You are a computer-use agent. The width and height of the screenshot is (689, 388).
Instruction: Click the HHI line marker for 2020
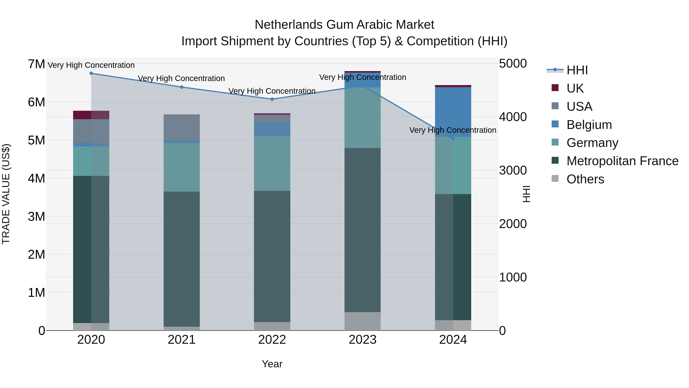pyautogui.click(x=91, y=73)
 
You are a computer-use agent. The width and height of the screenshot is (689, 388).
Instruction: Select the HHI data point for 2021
pyautogui.click(x=182, y=87)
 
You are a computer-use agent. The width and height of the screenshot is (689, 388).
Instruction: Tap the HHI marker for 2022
pyautogui.click(x=272, y=99)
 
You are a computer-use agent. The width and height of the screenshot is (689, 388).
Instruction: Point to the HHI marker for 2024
pyautogui.click(x=453, y=139)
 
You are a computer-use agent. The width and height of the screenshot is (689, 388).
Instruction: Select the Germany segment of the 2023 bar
pyautogui.click(x=362, y=118)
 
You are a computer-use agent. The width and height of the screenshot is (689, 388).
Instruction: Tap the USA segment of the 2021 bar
pyautogui.click(x=182, y=127)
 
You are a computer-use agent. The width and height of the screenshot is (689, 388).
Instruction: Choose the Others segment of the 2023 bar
pyautogui.click(x=362, y=321)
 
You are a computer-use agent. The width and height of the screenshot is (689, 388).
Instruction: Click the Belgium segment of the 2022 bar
pyautogui.click(x=272, y=129)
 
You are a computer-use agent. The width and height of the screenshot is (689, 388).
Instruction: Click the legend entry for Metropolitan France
pyautogui.click(x=622, y=161)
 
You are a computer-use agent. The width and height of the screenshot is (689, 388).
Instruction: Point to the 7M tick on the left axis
pyautogui.click(x=36, y=64)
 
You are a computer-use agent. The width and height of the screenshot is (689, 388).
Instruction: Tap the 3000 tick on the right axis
pyautogui.click(x=513, y=171)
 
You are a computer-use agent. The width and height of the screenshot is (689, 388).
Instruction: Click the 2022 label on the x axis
pyautogui.click(x=272, y=340)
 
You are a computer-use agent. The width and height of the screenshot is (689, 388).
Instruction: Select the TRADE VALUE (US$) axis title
pyautogui.click(x=6, y=194)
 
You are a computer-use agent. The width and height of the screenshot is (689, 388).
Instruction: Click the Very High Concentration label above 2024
pyautogui.click(x=453, y=130)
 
